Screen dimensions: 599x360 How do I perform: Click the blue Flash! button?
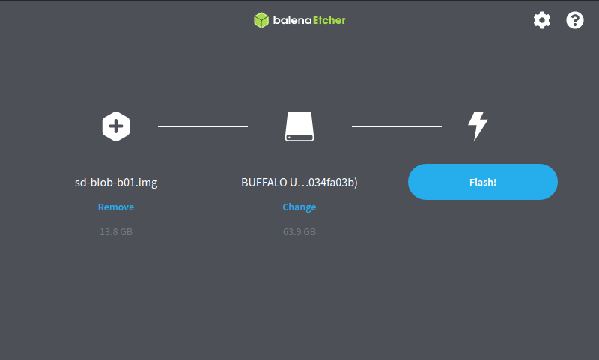pyautogui.click(x=483, y=182)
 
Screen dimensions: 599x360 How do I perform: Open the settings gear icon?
pyautogui.click(x=542, y=20)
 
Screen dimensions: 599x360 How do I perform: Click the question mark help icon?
pyautogui.click(x=575, y=20)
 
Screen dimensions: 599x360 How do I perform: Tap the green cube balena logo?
pyautogui.click(x=261, y=20)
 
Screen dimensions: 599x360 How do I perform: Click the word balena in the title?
pyautogui.click(x=293, y=20)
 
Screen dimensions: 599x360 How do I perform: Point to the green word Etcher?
pyautogui.click(x=329, y=20)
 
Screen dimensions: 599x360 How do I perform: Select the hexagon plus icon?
pyautogui.click(x=116, y=126)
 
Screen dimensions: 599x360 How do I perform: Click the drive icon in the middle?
pyautogui.click(x=299, y=126)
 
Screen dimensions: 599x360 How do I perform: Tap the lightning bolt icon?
pyautogui.click(x=478, y=126)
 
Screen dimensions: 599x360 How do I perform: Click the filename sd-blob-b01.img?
pyautogui.click(x=116, y=182)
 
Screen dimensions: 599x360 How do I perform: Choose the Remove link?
pyautogui.click(x=116, y=207)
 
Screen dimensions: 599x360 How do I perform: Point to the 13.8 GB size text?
pyautogui.click(x=116, y=232)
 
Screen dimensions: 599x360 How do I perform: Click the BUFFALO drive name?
pyautogui.click(x=299, y=183)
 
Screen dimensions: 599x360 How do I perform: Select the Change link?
pyautogui.click(x=299, y=207)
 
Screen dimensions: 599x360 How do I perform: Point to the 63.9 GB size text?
pyautogui.click(x=299, y=232)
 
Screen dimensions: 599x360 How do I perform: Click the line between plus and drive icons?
pyautogui.click(x=203, y=126)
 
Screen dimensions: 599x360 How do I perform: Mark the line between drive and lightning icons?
pyautogui.click(x=397, y=126)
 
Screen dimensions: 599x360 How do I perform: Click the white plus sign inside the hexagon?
pyautogui.click(x=116, y=126)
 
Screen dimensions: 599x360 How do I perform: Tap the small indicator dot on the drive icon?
pyautogui.click(x=289, y=138)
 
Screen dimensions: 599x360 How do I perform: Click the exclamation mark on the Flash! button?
pyautogui.click(x=495, y=182)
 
